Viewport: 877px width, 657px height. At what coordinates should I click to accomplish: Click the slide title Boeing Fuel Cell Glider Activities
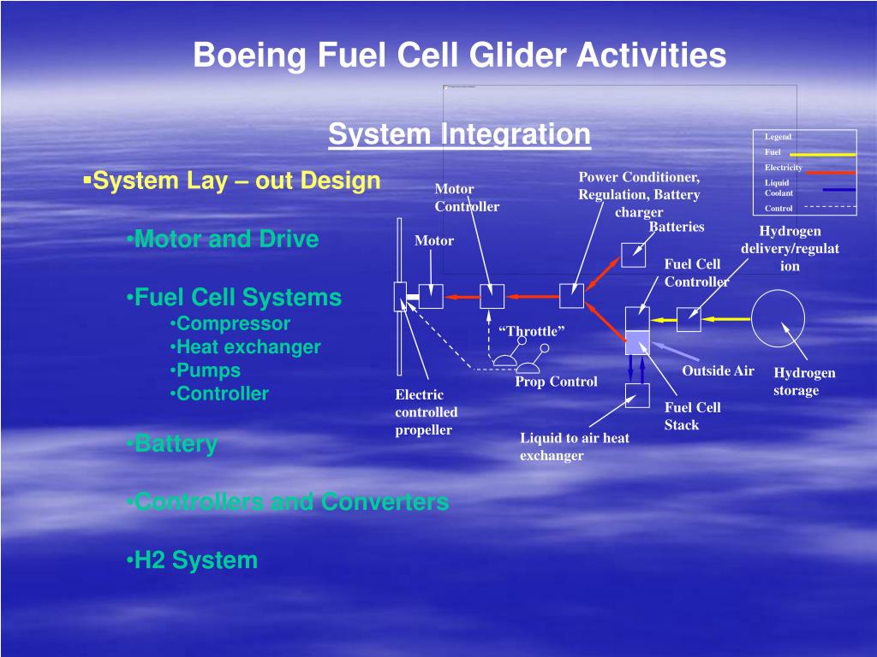pos(459,56)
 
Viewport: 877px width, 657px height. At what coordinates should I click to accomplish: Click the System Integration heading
pos(459,134)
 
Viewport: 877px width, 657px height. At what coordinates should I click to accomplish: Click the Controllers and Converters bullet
pos(291,501)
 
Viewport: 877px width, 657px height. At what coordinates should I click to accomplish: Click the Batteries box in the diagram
pos(634,254)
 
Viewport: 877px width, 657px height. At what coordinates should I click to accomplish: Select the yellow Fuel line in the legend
pos(821,155)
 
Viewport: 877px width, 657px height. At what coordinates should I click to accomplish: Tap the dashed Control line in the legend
pos(830,207)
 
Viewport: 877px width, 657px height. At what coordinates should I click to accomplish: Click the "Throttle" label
pos(531,331)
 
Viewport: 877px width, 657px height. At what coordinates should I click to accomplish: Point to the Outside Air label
pos(718,370)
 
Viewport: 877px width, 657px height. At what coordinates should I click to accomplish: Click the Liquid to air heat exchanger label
pos(574,447)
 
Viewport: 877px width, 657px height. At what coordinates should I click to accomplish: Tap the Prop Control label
pos(556,382)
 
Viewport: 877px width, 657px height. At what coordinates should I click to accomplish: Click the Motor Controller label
pos(466,198)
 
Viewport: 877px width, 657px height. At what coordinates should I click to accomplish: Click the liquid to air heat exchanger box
pos(637,395)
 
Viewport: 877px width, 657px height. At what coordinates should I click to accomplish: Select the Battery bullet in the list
pos(176,444)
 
